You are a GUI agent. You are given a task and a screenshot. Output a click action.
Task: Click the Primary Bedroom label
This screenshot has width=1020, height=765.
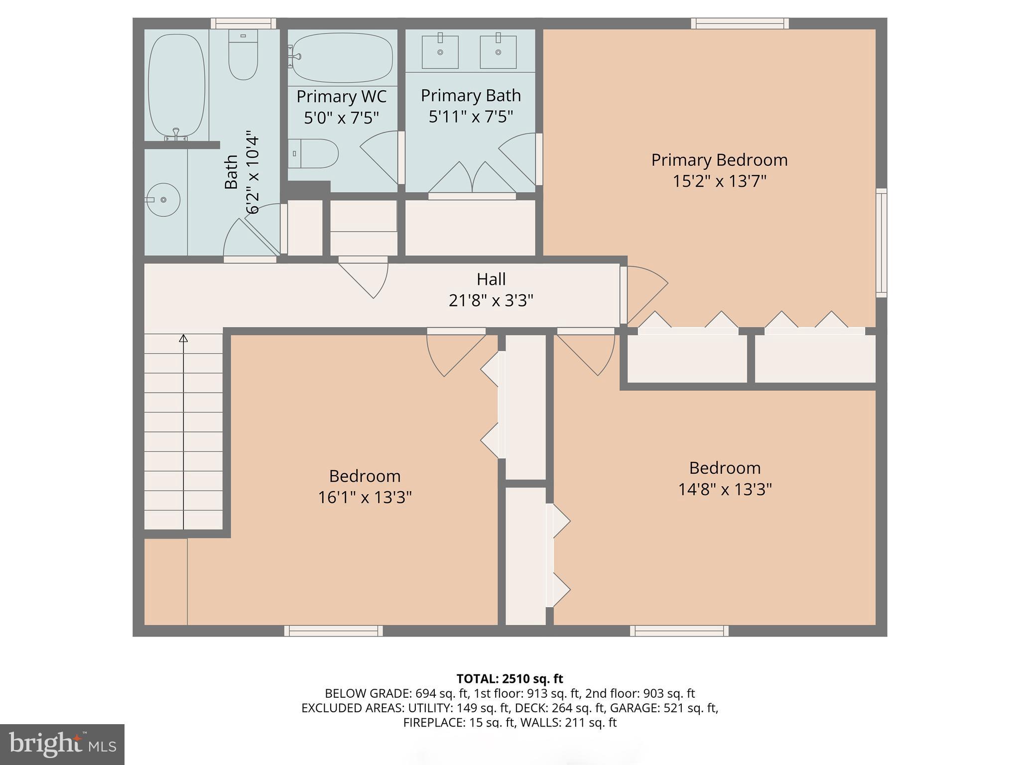coord(719,160)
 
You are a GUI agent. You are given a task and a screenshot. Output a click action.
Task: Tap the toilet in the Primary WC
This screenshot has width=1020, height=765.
coord(313,153)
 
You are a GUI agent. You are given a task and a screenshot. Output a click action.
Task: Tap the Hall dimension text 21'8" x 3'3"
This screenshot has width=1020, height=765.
coord(491,301)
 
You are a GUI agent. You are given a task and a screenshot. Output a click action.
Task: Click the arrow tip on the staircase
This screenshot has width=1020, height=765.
coord(183,338)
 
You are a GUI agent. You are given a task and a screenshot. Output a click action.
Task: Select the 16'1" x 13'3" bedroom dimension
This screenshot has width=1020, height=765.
coord(365,498)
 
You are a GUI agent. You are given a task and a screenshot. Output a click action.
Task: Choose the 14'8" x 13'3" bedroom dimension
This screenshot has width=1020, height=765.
coord(725,490)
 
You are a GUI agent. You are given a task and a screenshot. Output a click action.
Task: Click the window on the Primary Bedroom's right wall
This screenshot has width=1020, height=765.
coord(881,243)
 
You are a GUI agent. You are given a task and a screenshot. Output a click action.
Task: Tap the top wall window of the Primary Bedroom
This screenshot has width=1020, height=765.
coord(740,23)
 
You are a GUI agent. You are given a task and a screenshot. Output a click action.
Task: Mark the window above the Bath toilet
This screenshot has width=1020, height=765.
coord(243,23)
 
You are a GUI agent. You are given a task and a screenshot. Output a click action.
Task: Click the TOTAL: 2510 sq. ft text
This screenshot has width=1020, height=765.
coord(510,679)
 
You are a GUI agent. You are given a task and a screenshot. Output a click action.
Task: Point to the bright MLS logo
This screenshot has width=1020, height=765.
coord(62,745)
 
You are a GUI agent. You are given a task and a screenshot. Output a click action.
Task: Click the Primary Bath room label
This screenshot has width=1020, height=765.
coord(471,96)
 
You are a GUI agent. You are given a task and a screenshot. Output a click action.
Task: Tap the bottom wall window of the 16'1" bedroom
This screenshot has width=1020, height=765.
coord(334,631)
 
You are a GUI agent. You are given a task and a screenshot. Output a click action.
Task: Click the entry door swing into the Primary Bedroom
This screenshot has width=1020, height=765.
coord(646,294)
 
